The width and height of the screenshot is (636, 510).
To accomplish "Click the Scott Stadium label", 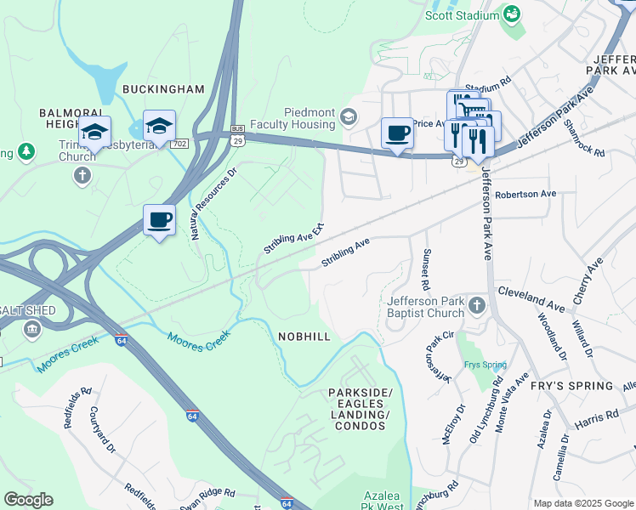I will pos(463,15).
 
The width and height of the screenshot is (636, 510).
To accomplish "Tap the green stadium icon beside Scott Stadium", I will pos(512,14).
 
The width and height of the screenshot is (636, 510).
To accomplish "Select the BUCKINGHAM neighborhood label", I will pos(163,89).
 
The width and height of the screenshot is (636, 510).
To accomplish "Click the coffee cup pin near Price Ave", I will pos(397,133).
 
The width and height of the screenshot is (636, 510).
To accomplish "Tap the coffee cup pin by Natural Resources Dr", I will pos(159,220).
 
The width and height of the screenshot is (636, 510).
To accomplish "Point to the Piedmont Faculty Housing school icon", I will pos(348,116).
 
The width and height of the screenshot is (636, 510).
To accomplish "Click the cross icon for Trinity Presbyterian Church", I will pos(82,175).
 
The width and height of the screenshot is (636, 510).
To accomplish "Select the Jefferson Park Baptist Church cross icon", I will pos(477,304).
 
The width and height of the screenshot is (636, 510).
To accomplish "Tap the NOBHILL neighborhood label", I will pos(304,337).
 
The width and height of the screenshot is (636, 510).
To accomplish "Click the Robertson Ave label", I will pos(525,194).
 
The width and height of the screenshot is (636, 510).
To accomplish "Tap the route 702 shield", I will pos(179,144).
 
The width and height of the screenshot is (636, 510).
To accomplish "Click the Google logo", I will pos(27,500).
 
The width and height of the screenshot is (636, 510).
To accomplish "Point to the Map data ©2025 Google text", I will pos(583,503).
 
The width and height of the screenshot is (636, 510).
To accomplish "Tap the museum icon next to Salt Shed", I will pos(33,329).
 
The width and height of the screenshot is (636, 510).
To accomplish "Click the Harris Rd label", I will pos(600,416).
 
